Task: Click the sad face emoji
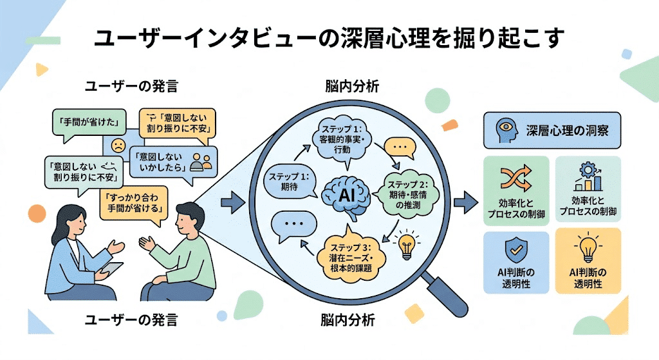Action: coord(118,144)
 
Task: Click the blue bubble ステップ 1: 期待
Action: coord(288,182)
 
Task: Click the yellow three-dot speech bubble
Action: coord(400,147)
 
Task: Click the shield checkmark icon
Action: coord(516,249)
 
